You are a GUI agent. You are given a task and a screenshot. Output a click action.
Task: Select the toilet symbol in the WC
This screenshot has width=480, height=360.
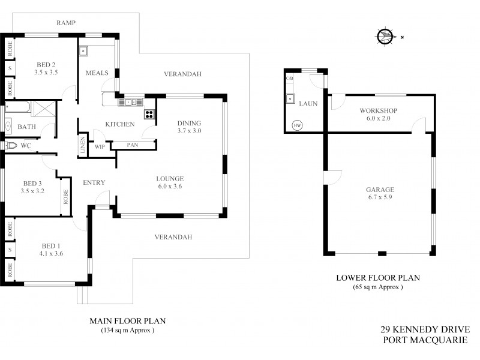click(x=11, y=145)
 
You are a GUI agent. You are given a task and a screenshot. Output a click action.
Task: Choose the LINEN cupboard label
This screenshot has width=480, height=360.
click(x=83, y=146)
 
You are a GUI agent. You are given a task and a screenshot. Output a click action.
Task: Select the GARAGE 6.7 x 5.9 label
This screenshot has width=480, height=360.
click(x=380, y=193)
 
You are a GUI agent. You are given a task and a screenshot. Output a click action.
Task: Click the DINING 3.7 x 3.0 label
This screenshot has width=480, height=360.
click(x=190, y=127)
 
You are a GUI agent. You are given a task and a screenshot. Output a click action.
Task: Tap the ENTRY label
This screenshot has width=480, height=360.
click(x=94, y=182)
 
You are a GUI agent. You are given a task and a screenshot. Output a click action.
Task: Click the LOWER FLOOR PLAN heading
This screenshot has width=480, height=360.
click(x=377, y=278)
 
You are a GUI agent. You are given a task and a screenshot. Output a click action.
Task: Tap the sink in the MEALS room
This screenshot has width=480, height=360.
click(x=85, y=50)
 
